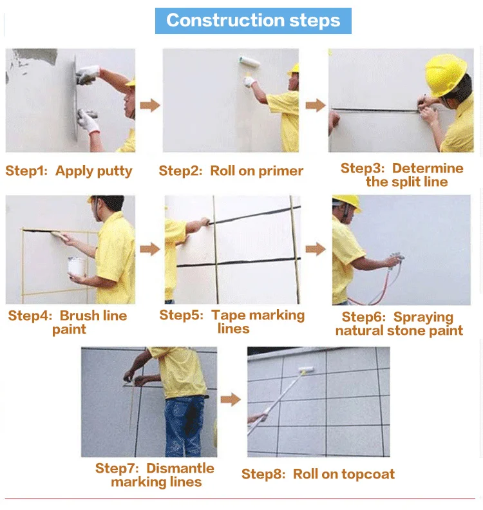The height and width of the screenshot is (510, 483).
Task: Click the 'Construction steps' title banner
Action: [253, 21]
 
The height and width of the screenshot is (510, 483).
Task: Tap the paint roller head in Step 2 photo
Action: [249, 62]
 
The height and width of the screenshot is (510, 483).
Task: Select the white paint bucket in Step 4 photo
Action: [77, 266]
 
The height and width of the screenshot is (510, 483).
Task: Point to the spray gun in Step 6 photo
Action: [397, 260]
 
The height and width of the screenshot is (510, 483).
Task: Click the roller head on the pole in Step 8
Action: [306, 370]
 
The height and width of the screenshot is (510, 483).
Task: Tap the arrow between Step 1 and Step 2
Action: [150, 106]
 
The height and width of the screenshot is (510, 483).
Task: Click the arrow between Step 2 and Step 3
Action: [316, 106]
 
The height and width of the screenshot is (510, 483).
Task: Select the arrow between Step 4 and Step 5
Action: [150, 249]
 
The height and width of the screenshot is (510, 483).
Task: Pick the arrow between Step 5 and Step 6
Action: [316, 249]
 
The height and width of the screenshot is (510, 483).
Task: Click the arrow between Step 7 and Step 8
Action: [231, 399]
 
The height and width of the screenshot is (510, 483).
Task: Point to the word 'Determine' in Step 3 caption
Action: [428, 168]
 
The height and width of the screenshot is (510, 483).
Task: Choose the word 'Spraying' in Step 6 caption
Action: [423, 317]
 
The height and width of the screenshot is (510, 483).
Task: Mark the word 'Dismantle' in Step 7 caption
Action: [180, 468]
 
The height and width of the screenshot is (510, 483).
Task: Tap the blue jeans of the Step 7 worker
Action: [184, 427]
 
